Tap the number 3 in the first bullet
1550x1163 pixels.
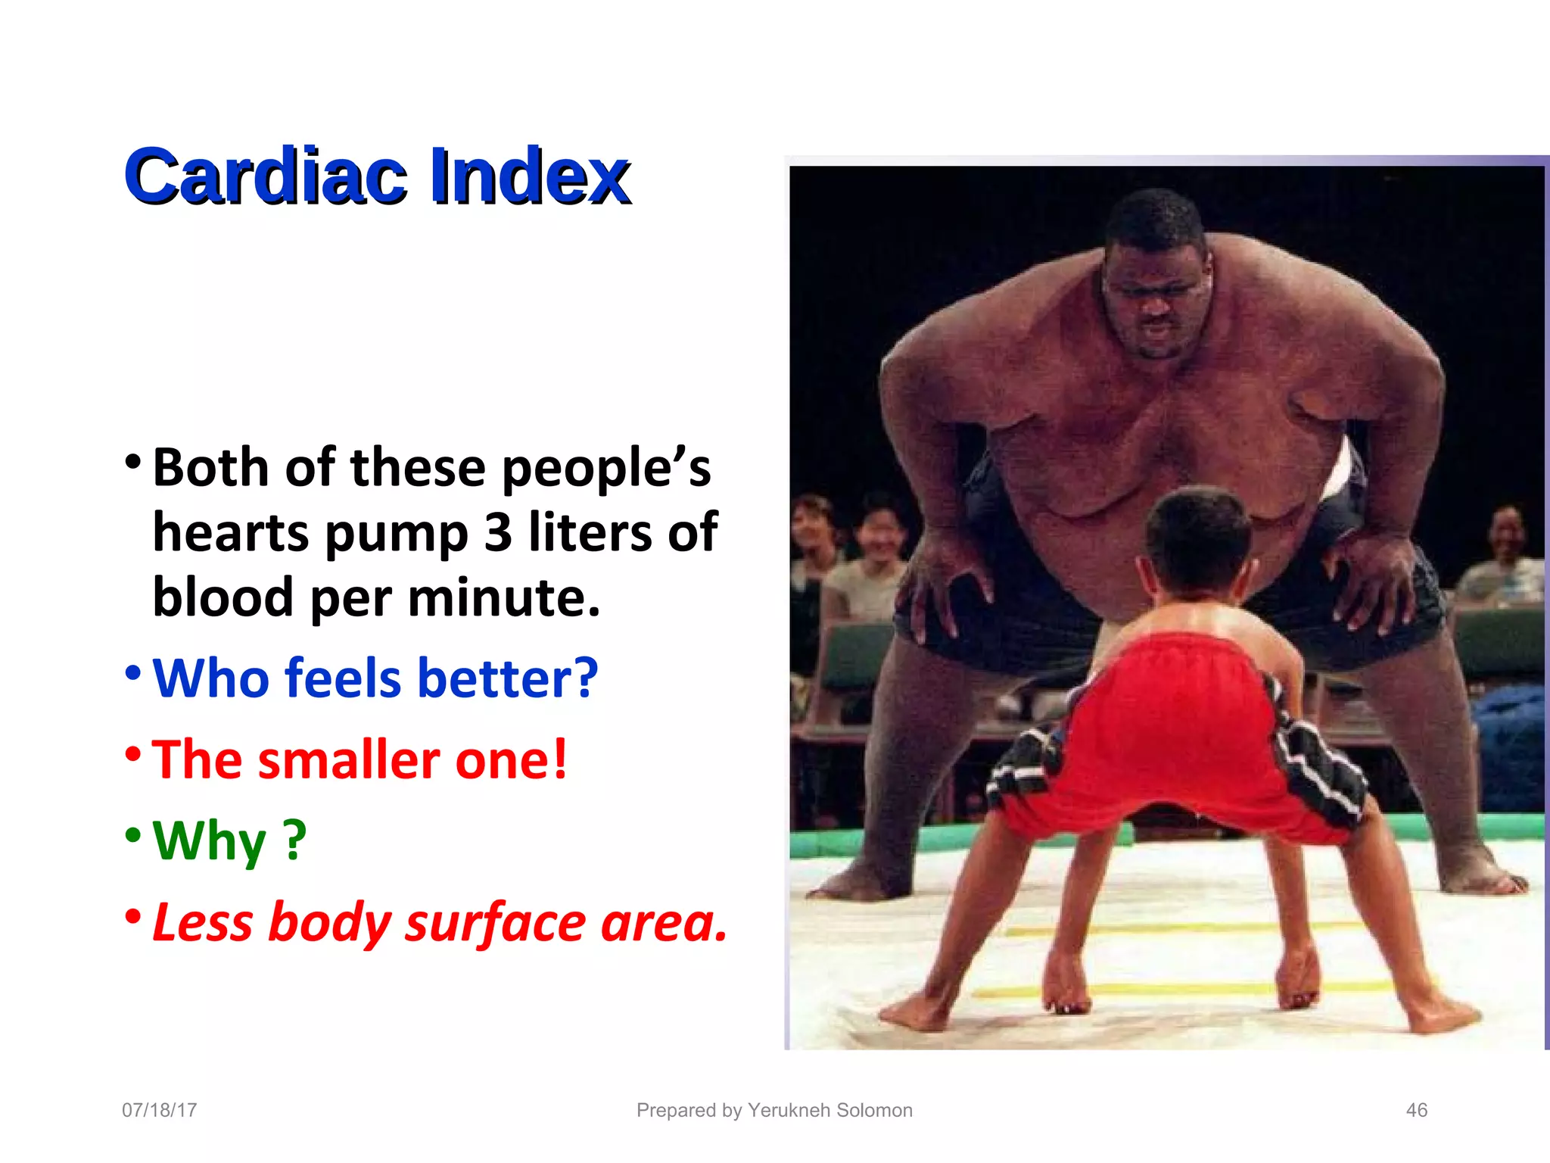[498, 532]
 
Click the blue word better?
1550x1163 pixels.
[507, 678]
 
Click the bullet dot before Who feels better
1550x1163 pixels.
[133, 672]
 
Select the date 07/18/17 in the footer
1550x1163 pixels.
[160, 1110]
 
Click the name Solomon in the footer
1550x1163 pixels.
[871, 1110]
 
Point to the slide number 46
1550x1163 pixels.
[1416, 1110]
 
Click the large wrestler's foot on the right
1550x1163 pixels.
[1483, 878]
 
